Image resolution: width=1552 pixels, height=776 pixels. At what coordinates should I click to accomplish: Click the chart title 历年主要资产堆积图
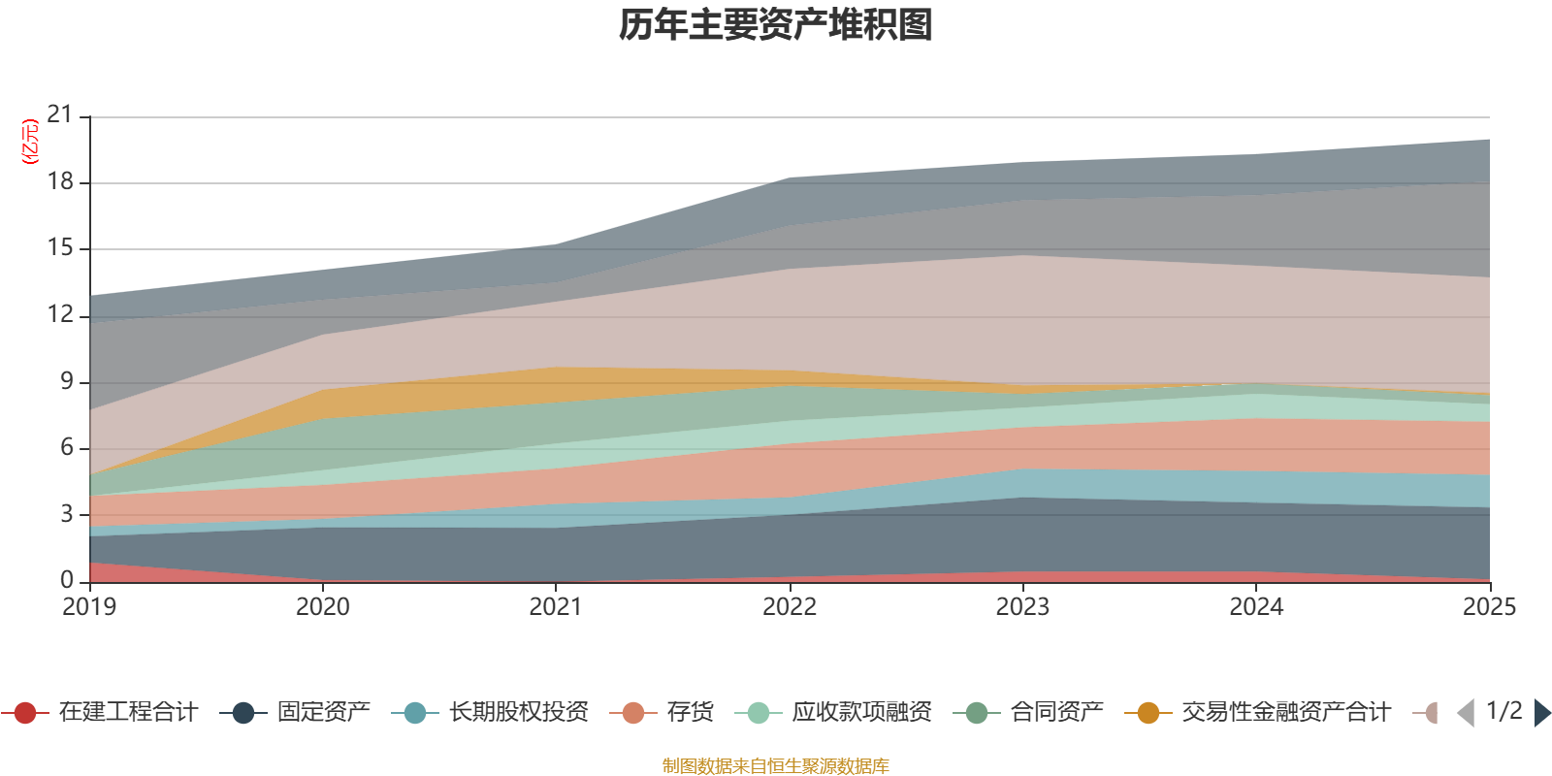pos(776,25)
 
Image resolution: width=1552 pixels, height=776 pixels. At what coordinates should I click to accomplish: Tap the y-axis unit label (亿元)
pos(30,142)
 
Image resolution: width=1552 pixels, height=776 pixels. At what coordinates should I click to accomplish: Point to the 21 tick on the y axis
pos(60,115)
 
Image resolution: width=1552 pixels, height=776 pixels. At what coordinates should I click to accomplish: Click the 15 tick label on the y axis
pos(60,248)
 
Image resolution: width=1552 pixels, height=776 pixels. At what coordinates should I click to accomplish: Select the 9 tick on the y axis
pos(66,381)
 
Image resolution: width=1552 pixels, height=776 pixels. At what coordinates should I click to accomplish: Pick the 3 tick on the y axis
pos(66,514)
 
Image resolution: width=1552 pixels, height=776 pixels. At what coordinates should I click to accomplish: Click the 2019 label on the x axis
pos(89,607)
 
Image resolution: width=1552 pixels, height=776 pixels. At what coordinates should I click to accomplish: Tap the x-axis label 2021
pos(556,607)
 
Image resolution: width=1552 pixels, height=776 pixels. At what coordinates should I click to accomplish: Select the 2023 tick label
pos(1022,607)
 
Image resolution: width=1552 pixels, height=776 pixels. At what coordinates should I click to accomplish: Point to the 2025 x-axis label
pos(1488,607)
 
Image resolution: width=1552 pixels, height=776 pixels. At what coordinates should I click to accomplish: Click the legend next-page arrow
pos(1541,713)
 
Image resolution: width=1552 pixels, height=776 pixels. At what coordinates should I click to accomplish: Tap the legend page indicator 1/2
pos(1503,711)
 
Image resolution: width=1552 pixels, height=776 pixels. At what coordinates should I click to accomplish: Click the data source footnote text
pos(776,766)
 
